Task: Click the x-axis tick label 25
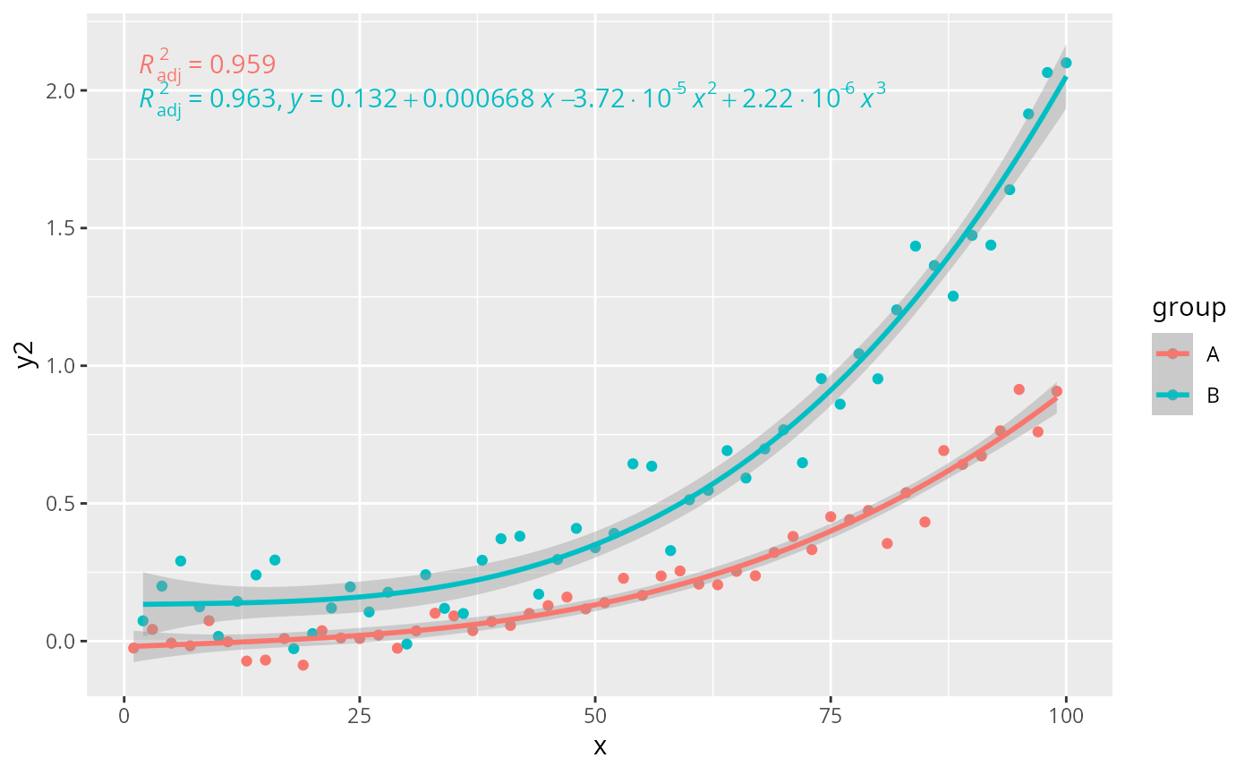pos(359,716)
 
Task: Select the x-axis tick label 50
pos(594,716)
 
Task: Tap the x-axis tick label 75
pos(831,716)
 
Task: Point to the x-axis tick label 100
pos(1066,716)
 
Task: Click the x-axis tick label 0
pos(124,716)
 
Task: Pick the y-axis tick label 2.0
pos(61,91)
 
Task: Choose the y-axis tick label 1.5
pos(61,229)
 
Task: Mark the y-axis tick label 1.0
pos(61,366)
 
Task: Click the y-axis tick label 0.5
pos(61,504)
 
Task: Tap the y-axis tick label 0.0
pos(61,642)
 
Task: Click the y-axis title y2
pos(26,355)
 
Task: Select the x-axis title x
pos(600,747)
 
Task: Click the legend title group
pos(1189,309)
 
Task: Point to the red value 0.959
pos(243,64)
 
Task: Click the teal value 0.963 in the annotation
pos(243,99)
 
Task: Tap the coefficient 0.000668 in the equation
pos(478,99)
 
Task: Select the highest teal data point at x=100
pos(1066,64)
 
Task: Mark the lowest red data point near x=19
pos(303,666)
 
